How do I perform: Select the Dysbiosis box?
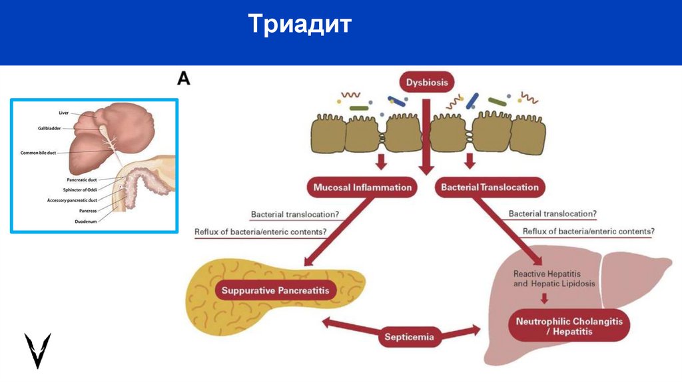pos(427,83)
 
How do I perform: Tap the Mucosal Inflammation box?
pos(362,187)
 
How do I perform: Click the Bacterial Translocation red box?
pos(490,187)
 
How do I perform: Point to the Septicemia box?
pos(409,336)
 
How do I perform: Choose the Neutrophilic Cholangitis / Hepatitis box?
pos(569,326)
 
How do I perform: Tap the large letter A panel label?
pos(184,79)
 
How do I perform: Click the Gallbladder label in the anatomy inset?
pos(51,127)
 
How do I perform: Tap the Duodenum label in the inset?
pos(86,220)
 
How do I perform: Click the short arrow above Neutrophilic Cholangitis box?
pos(545,298)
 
